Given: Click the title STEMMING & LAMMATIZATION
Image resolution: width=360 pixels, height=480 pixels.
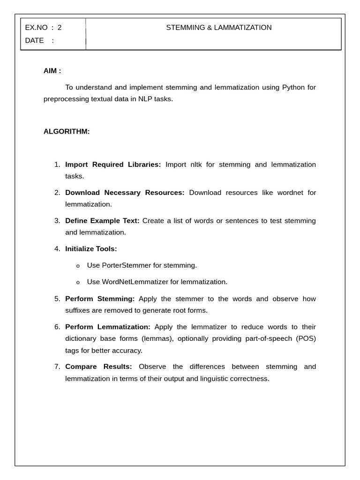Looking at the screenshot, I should click(x=219, y=28).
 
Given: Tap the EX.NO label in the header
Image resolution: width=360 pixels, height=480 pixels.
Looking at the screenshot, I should click(x=36, y=28).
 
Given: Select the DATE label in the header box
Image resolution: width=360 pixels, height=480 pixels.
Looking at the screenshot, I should click(x=34, y=40).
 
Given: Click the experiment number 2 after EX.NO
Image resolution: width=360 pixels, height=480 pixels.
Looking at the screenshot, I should click(x=60, y=28).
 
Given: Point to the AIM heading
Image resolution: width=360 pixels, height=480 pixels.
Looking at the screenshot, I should click(x=52, y=71).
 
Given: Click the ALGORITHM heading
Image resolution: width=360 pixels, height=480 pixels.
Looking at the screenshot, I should click(x=67, y=131).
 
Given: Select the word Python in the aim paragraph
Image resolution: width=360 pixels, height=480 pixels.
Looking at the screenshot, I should click(x=293, y=87).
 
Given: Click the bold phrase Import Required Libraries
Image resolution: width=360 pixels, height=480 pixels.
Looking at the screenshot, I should click(x=113, y=165).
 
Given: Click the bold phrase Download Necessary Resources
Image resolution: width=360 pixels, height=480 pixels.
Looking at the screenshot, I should click(x=125, y=193).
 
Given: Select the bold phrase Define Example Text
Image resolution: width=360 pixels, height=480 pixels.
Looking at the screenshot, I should click(x=102, y=221).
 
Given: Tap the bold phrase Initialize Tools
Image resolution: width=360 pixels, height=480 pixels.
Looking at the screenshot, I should click(x=91, y=249).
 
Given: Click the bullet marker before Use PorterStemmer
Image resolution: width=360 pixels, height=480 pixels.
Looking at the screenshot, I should click(x=78, y=266).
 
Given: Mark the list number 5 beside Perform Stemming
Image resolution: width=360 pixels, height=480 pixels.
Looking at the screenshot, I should click(x=57, y=299).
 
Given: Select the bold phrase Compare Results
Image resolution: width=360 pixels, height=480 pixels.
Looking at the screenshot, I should click(x=98, y=367).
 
